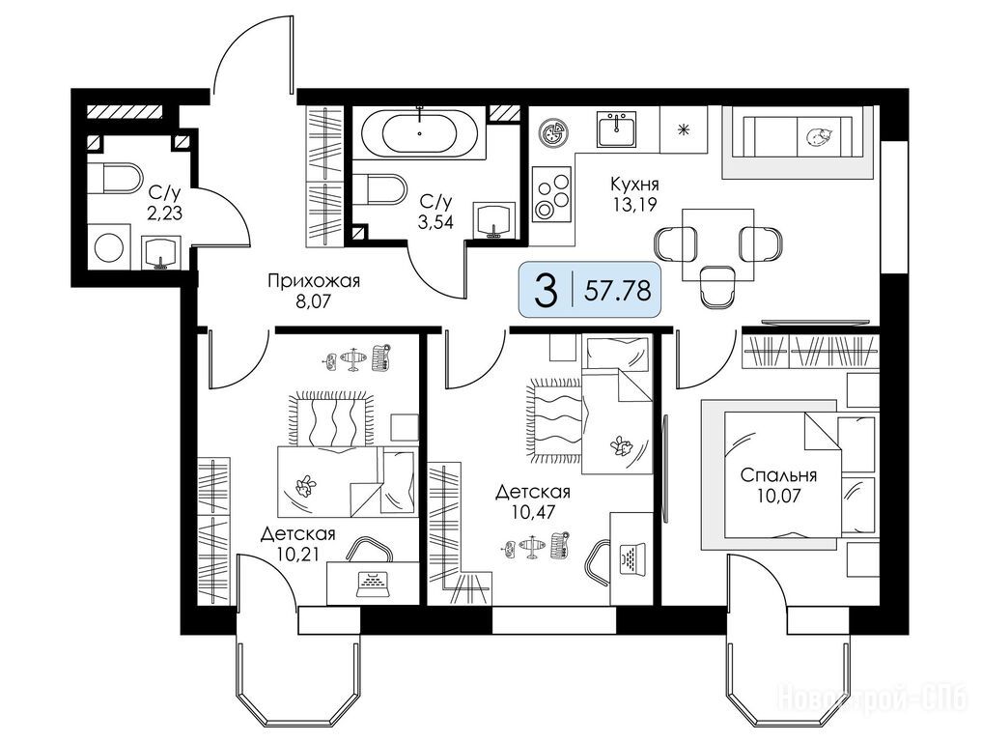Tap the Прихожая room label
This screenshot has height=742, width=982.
pyautogui.click(x=314, y=281)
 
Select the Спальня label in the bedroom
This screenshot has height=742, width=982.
pyautogui.click(x=778, y=475)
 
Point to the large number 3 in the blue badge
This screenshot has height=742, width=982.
pyautogui.click(x=547, y=290)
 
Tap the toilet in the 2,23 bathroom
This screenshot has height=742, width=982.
pyautogui.click(x=113, y=179)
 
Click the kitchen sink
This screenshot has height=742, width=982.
pyautogui.click(x=616, y=128)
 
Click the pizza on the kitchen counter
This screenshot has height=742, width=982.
pyautogui.click(x=552, y=133)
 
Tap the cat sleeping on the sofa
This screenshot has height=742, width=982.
pyautogui.click(x=818, y=136)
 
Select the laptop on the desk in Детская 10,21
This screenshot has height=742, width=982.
pyautogui.click(x=374, y=584)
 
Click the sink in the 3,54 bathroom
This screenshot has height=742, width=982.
pyautogui.click(x=495, y=220)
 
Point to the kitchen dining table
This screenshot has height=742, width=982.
pyautogui.click(x=717, y=245)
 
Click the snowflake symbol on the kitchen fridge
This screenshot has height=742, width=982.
pyautogui.click(x=684, y=129)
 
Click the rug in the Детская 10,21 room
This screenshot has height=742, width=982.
pyautogui.click(x=329, y=419)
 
